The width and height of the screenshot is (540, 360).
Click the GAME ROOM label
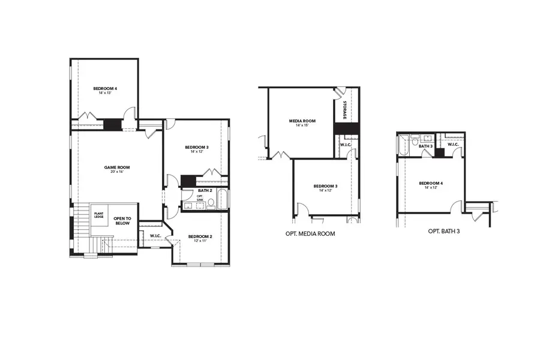(117, 167)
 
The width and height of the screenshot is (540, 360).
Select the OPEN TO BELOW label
(122, 221)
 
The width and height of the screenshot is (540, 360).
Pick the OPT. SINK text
(200, 198)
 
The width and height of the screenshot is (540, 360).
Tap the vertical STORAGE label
(345, 110)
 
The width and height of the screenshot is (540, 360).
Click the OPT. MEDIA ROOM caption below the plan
(310, 233)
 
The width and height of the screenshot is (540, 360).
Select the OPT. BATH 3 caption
(444, 231)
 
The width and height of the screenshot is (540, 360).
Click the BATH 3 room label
(425, 146)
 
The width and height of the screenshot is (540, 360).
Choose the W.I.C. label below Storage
(345, 145)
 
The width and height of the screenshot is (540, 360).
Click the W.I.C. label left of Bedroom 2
(155, 235)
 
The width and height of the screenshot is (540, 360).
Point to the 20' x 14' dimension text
(117, 172)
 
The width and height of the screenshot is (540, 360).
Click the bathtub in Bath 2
(222, 199)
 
